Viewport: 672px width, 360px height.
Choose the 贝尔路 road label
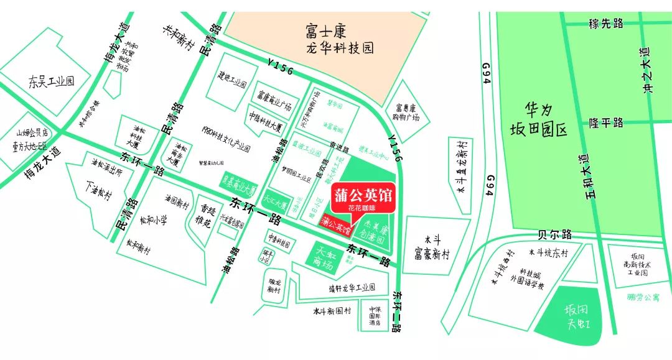554,235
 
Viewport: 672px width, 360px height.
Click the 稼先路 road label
605,24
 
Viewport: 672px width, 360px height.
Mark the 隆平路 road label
606,122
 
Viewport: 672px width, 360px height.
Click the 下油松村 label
100,191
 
